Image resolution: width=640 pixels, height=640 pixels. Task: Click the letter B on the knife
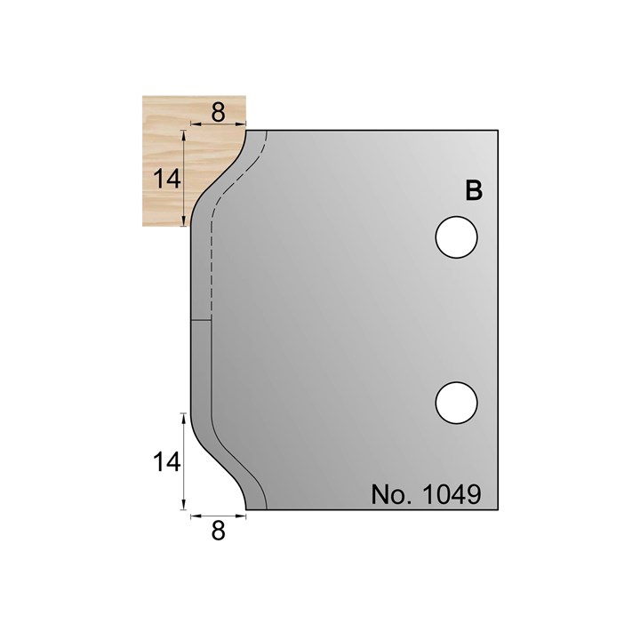pyautogui.click(x=474, y=190)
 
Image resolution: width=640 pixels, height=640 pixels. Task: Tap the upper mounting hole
pyautogui.click(x=456, y=237)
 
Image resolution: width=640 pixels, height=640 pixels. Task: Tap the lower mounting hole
pyautogui.click(x=456, y=403)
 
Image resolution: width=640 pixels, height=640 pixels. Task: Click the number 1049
pyautogui.click(x=452, y=495)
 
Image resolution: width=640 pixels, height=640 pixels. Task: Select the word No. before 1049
pyautogui.click(x=391, y=495)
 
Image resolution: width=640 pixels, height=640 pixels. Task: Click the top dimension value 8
pyautogui.click(x=218, y=112)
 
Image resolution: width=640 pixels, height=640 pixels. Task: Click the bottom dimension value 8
pyautogui.click(x=219, y=532)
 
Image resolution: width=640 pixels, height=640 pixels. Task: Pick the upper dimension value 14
pyautogui.click(x=167, y=179)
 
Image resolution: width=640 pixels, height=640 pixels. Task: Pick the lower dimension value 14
pyautogui.click(x=167, y=462)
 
